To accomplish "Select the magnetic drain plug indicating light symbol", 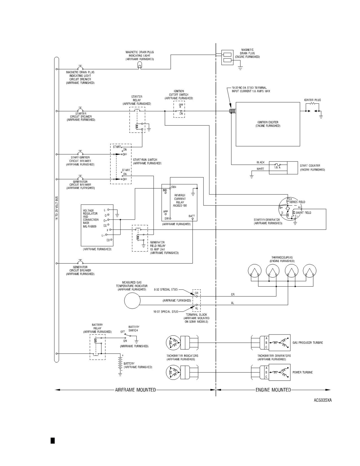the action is [139, 65].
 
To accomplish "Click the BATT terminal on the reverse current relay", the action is [193, 219].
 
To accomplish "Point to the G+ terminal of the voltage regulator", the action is [108, 220].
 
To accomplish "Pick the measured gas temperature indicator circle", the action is [132, 301].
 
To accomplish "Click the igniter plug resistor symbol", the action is [312, 104].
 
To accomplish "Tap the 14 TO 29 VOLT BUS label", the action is [56, 208].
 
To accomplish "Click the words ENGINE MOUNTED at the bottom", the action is [273, 390].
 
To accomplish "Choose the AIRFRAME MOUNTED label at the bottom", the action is [135, 390].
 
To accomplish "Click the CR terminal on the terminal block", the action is [197, 296].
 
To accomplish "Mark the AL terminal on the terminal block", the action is [197, 305].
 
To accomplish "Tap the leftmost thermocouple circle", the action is [255, 271].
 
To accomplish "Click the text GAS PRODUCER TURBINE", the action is [308, 343].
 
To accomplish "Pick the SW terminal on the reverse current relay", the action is [170, 219].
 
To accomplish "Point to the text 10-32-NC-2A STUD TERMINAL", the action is [249, 88].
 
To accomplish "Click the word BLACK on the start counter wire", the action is [261, 162].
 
